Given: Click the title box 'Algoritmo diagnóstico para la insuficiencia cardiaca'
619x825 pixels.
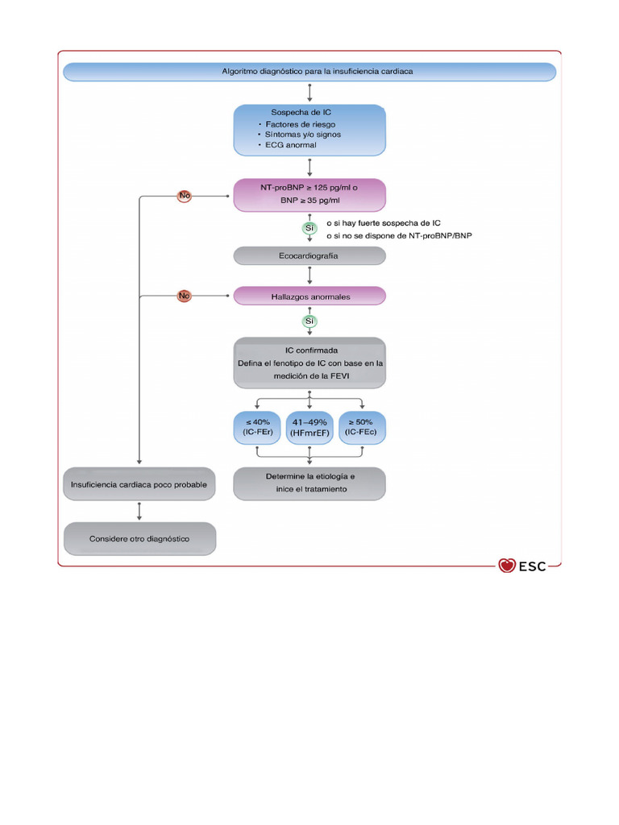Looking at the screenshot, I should (309, 72).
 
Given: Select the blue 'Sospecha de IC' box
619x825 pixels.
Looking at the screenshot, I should (309, 129).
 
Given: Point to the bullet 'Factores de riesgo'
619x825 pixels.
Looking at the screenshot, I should (291, 125).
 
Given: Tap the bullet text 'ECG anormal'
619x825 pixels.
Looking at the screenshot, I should (287, 145).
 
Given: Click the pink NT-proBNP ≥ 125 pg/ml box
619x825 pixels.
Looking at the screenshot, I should (309, 194).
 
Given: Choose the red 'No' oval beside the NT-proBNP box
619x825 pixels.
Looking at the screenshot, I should (185, 195).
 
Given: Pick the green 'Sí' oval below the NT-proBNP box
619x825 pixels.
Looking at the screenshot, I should (309, 229).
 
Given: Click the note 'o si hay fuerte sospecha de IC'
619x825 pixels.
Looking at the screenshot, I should (383, 222).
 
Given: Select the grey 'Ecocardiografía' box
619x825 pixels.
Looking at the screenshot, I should (309, 256).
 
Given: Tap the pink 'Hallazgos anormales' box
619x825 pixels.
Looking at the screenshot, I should (309, 296).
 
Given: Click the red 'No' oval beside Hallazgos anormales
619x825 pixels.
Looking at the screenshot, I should (185, 296).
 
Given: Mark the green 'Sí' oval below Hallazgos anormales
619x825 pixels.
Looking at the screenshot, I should (309, 321).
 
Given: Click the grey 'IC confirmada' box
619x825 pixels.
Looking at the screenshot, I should (309, 363).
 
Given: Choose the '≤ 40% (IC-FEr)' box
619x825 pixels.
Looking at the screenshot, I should (256, 427).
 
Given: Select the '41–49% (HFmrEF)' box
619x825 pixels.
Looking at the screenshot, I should (309, 427).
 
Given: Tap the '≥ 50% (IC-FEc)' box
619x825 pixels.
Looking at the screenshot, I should (362, 427).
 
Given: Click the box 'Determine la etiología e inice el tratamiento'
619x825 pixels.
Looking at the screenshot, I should (309, 483).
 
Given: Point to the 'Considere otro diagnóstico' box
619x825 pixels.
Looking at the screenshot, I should (139, 538).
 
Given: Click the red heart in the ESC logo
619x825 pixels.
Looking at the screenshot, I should (507, 566).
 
